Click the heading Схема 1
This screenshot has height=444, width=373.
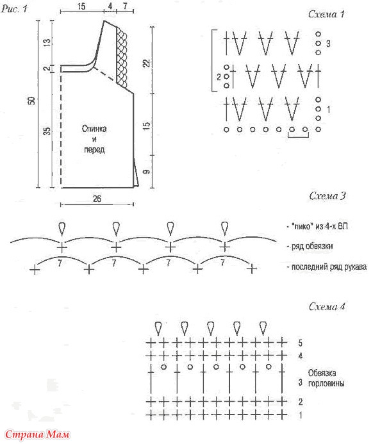(x=326, y=14)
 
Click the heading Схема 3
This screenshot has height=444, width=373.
(x=327, y=196)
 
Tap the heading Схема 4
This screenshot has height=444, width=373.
(x=327, y=307)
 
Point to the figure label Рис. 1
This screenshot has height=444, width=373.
(x=14, y=8)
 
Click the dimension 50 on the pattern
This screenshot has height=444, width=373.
(x=31, y=101)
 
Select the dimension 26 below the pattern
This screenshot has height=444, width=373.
(x=97, y=199)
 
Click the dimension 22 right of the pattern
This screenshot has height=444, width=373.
(x=147, y=63)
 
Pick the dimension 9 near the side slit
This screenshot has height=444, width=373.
(x=146, y=171)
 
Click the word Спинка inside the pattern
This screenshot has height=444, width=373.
(x=94, y=129)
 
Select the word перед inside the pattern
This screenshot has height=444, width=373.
(x=94, y=149)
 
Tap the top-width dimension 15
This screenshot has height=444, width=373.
(x=81, y=6)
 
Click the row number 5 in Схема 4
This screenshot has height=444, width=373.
(x=300, y=343)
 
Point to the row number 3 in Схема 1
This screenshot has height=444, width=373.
(x=328, y=44)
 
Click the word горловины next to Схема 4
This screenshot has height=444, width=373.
(x=326, y=384)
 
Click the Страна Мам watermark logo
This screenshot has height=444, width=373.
(x=37, y=434)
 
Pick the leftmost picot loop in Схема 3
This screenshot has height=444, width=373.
(x=62, y=229)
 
